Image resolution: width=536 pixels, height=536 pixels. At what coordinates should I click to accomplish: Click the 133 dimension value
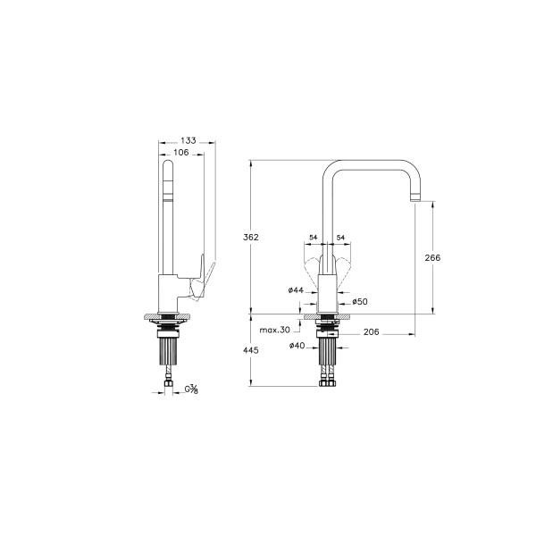point(188,140)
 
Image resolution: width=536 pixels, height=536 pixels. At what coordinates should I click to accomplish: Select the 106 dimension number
point(181,153)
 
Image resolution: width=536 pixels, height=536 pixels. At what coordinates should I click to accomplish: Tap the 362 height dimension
point(251,238)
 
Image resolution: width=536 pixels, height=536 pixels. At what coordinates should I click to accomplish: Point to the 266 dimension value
point(432,258)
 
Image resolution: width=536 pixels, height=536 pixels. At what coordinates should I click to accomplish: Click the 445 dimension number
point(251,350)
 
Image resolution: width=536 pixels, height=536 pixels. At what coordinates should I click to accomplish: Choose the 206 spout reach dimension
point(372,332)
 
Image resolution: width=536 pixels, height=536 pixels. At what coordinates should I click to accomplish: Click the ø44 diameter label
point(296,290)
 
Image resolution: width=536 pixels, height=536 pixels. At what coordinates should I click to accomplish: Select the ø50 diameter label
point(360,302)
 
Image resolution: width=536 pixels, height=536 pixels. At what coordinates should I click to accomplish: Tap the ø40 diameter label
point(297,346)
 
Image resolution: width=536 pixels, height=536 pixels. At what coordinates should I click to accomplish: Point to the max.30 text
point(275,330)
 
